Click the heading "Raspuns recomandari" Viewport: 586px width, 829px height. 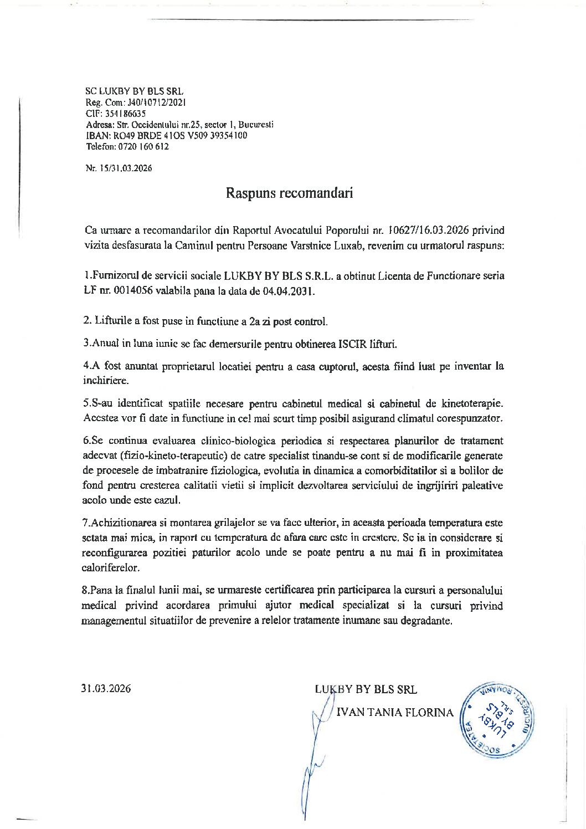[x=289, y=193]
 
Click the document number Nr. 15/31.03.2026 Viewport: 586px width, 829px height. [x=119, y=168]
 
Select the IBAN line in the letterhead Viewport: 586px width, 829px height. [x=166, y=136]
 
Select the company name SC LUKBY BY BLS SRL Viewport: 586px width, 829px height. [x=135, y=91]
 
